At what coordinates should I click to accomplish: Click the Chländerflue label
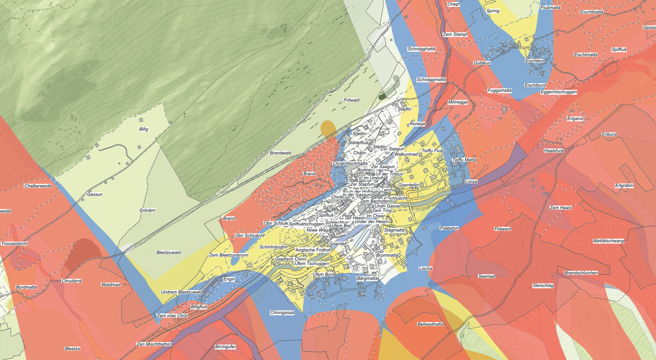coord(302,25)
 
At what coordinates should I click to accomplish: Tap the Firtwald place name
coord(351,100)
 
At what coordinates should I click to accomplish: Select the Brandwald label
coord(280,153)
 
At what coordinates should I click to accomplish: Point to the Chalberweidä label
coord(38,186)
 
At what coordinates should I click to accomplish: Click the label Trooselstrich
coord(14,244)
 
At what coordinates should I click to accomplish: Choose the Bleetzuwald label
coord(169,253)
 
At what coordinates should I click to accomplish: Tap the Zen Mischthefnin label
coord(154,344)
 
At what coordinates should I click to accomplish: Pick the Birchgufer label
coord(225,347)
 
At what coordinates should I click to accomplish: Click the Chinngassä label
coord(282,313)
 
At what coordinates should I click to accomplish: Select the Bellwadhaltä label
coord(430,324)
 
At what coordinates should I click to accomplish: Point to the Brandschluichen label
coord(581,273)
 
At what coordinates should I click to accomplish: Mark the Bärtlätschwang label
coord(608,241)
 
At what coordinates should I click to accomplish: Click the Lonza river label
coord(471,182)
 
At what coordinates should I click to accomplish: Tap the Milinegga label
coord(458,102)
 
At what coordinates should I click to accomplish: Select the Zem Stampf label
coord(455,34)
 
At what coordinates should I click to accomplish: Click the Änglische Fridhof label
coord(313,250)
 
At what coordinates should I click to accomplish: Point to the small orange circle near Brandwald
coord(328,128)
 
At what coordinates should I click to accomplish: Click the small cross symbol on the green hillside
coord(185,115)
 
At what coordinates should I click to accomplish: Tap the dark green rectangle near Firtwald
coord(383,96)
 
